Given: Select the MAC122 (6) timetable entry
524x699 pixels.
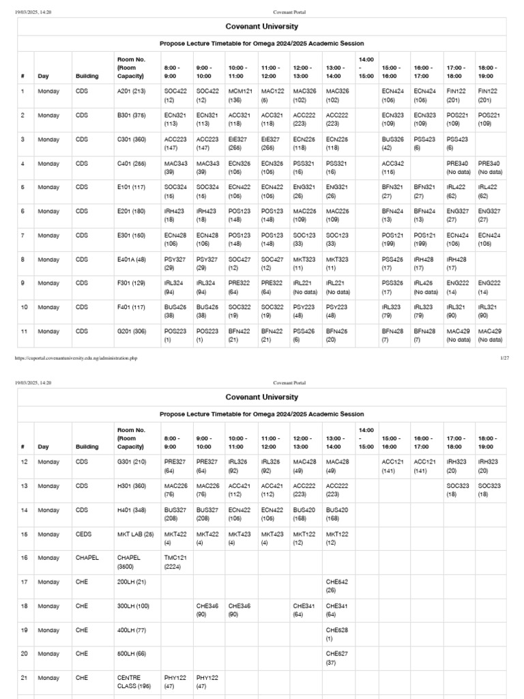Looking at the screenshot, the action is point(272,95).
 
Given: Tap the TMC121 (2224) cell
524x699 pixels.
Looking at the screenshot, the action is point(175,562).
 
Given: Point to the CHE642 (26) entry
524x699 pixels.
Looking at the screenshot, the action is point(337,586).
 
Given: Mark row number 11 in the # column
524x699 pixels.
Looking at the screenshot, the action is point(23,331).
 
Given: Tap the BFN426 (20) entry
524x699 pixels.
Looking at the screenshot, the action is point(337,335).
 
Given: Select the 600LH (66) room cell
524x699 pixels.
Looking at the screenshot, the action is point(130,653).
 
